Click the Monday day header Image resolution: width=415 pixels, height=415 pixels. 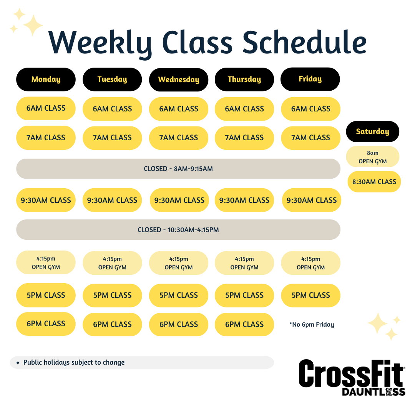(x=46, y=80)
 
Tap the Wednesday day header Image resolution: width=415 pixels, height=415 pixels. (x=179, y=80)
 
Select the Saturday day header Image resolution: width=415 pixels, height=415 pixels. (x=373, y=131)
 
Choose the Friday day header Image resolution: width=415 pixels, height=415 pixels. (x=310, y=79)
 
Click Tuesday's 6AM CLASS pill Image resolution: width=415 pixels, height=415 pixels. (x=112, y=109)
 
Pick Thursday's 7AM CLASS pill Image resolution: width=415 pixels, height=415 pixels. (x=244, y=138)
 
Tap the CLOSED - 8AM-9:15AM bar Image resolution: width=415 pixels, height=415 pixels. (x=178, y=169)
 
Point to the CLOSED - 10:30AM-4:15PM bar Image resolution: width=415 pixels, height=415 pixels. (x=178, y=229)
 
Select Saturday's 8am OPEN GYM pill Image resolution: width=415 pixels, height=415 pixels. (x=373, y=157)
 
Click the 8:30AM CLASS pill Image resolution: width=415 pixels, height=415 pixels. (x=374, y=181)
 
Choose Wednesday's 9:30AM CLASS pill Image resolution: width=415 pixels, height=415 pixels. (x=179, y=200)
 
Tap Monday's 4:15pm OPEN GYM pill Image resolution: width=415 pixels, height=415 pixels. (x=46, y=262)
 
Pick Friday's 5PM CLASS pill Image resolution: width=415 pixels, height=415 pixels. (x=311, y=295)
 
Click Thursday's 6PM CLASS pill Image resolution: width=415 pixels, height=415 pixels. (x=244, y=324)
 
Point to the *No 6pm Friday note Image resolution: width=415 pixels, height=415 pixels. (x=312, y=324)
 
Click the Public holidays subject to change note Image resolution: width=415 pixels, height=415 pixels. (x=74, y=362)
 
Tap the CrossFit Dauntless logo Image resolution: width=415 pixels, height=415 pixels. (x=352, y=378)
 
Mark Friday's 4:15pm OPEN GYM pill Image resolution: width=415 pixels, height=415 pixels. (x=311, y=263)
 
